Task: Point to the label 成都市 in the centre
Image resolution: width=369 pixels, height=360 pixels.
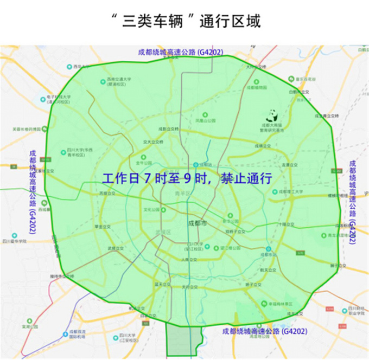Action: (x=196, y=223)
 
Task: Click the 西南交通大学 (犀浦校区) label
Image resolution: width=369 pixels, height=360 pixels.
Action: (x=119, y=82)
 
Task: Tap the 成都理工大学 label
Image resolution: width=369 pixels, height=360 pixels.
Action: (x=292, y=191)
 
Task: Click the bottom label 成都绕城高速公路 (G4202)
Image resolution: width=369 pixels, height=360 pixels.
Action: (x=264, y=331)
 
